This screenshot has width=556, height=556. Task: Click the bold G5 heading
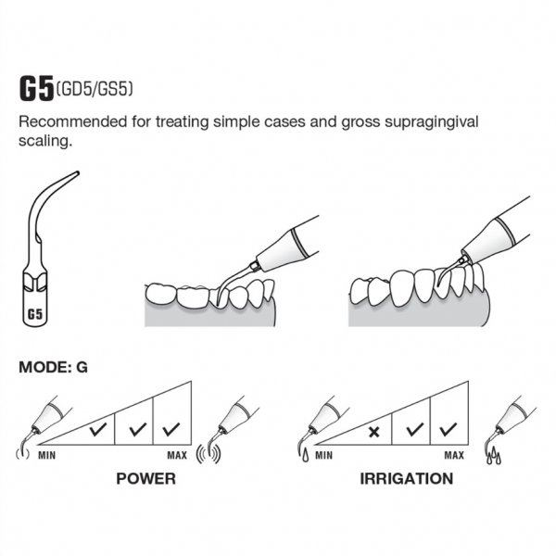[36, 88]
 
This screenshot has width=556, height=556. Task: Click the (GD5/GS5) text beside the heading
[95, 89]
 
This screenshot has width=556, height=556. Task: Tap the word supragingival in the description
[432, 122]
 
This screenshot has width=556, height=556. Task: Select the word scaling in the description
[45, 142]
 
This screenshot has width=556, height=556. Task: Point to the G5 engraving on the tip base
[35, 314]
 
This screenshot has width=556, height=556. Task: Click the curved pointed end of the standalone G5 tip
[77, 173]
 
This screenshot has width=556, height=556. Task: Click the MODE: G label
[53, 367]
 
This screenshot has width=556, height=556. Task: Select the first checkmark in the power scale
[98, 429]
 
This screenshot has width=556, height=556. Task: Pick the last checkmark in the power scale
[171, 429]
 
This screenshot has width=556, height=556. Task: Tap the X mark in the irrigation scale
[373, 432]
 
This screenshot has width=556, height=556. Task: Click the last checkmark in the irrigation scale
[449, 429]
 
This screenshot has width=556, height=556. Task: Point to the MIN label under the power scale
[47, 455]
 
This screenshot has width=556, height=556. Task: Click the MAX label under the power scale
[177, 455]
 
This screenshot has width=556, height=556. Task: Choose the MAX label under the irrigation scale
[454, 455]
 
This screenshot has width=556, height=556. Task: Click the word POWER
[146, 479]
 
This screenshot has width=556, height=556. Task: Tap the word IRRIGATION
[407, 479]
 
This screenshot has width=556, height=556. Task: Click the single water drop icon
[305, 455]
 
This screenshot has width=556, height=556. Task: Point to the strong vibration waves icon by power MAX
[208, 455]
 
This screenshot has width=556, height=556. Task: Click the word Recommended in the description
[72, 122]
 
